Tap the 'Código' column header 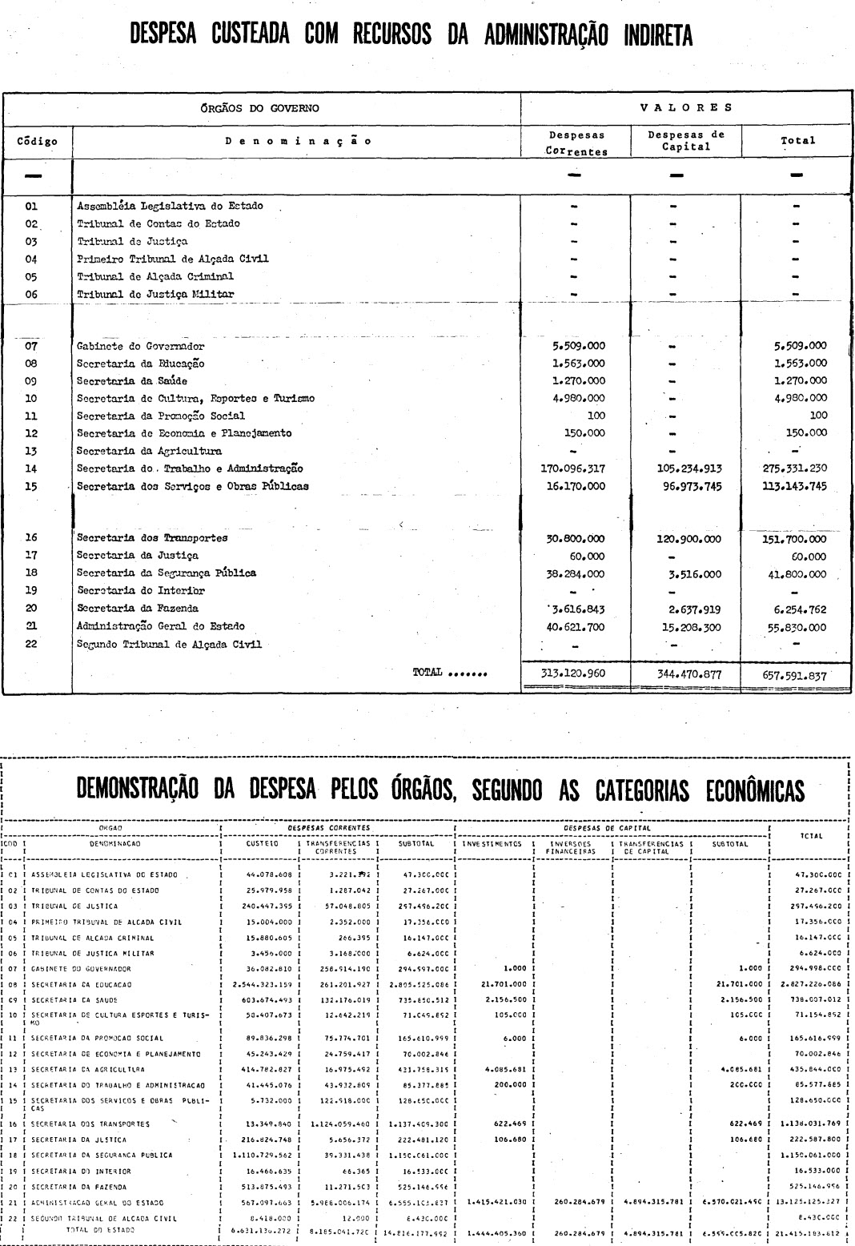(x=38, y=141)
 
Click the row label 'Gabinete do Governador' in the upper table (x=140, y=347)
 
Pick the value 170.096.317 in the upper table (x=573, y=468)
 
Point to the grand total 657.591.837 (x=795, y=674)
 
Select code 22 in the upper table (x=31, y=644)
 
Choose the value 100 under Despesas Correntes (x=595, y=416)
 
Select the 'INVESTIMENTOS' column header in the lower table (x=492, y=843)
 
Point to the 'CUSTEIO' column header (x=262, y=843)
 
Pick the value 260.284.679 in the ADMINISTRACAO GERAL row (x=572, y=1202)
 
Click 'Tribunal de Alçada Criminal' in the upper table (x=155, y=276)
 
